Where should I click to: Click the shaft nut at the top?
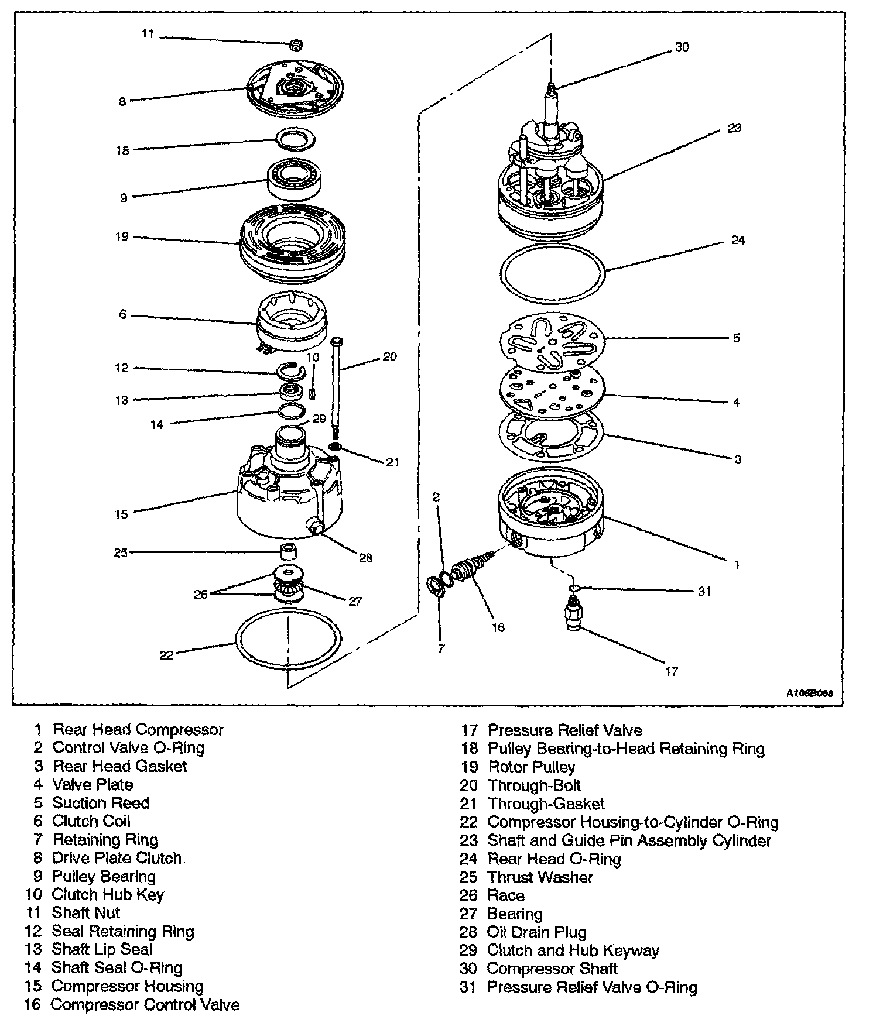pyautogui.click(x=296, y=44)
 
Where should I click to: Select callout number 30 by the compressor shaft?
pyautogui.click(x=682, y=47)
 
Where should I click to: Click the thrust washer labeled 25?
pyautogui.click(x=287, y=552)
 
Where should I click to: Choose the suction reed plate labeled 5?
pyautogui.click(x=551, y=341)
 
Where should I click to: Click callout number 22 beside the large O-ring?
pyautogui.click(x=166, y=655)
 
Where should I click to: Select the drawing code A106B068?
pyautogui.click(x=809, y=694)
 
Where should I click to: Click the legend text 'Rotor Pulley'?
pyautogui.click(x=532, y=767)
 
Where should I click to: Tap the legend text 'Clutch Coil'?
pyautogui.click(x=91, y=821)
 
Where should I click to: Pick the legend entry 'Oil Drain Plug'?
pyautogui.click(x=536, y=932)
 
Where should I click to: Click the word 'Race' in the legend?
pyautogui.click(x=506, y=895)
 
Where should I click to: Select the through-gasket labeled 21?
pyautogui.click(x=336, y=448)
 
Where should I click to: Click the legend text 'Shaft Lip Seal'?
pyautogui.click(x=102, y=949)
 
